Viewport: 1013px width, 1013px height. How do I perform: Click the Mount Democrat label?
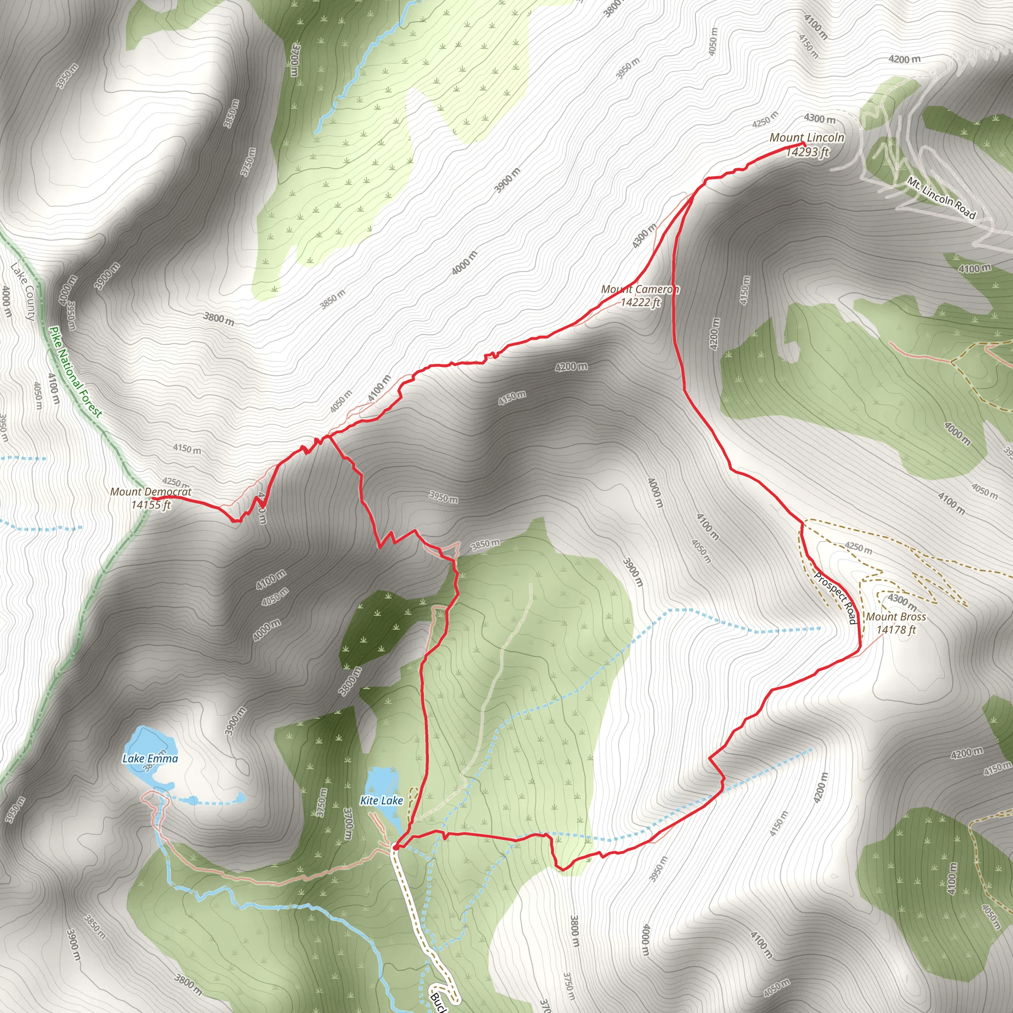(150, 492)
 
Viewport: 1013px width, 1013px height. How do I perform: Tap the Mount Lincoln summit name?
(806, 138)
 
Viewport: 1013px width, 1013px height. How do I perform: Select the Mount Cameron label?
(640, 289)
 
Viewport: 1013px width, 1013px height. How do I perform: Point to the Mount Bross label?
(896, 617)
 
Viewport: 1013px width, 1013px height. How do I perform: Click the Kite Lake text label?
(381, 801)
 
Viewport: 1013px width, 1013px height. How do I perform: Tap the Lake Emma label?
(150, 759)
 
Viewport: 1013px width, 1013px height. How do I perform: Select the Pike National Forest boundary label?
(76, 372)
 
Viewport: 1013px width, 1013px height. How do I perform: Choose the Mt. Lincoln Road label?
(941, 199)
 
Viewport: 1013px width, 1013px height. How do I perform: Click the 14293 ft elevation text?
(807, 152)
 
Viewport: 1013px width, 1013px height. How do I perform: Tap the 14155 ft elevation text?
(151, 505)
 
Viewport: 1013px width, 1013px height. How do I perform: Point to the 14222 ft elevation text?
(640, 303)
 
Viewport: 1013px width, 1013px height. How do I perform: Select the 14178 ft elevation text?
(896, 630)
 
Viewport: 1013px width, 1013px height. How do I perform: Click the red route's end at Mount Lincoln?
(803, 143)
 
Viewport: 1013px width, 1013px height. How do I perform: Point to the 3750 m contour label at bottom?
(569, 986)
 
